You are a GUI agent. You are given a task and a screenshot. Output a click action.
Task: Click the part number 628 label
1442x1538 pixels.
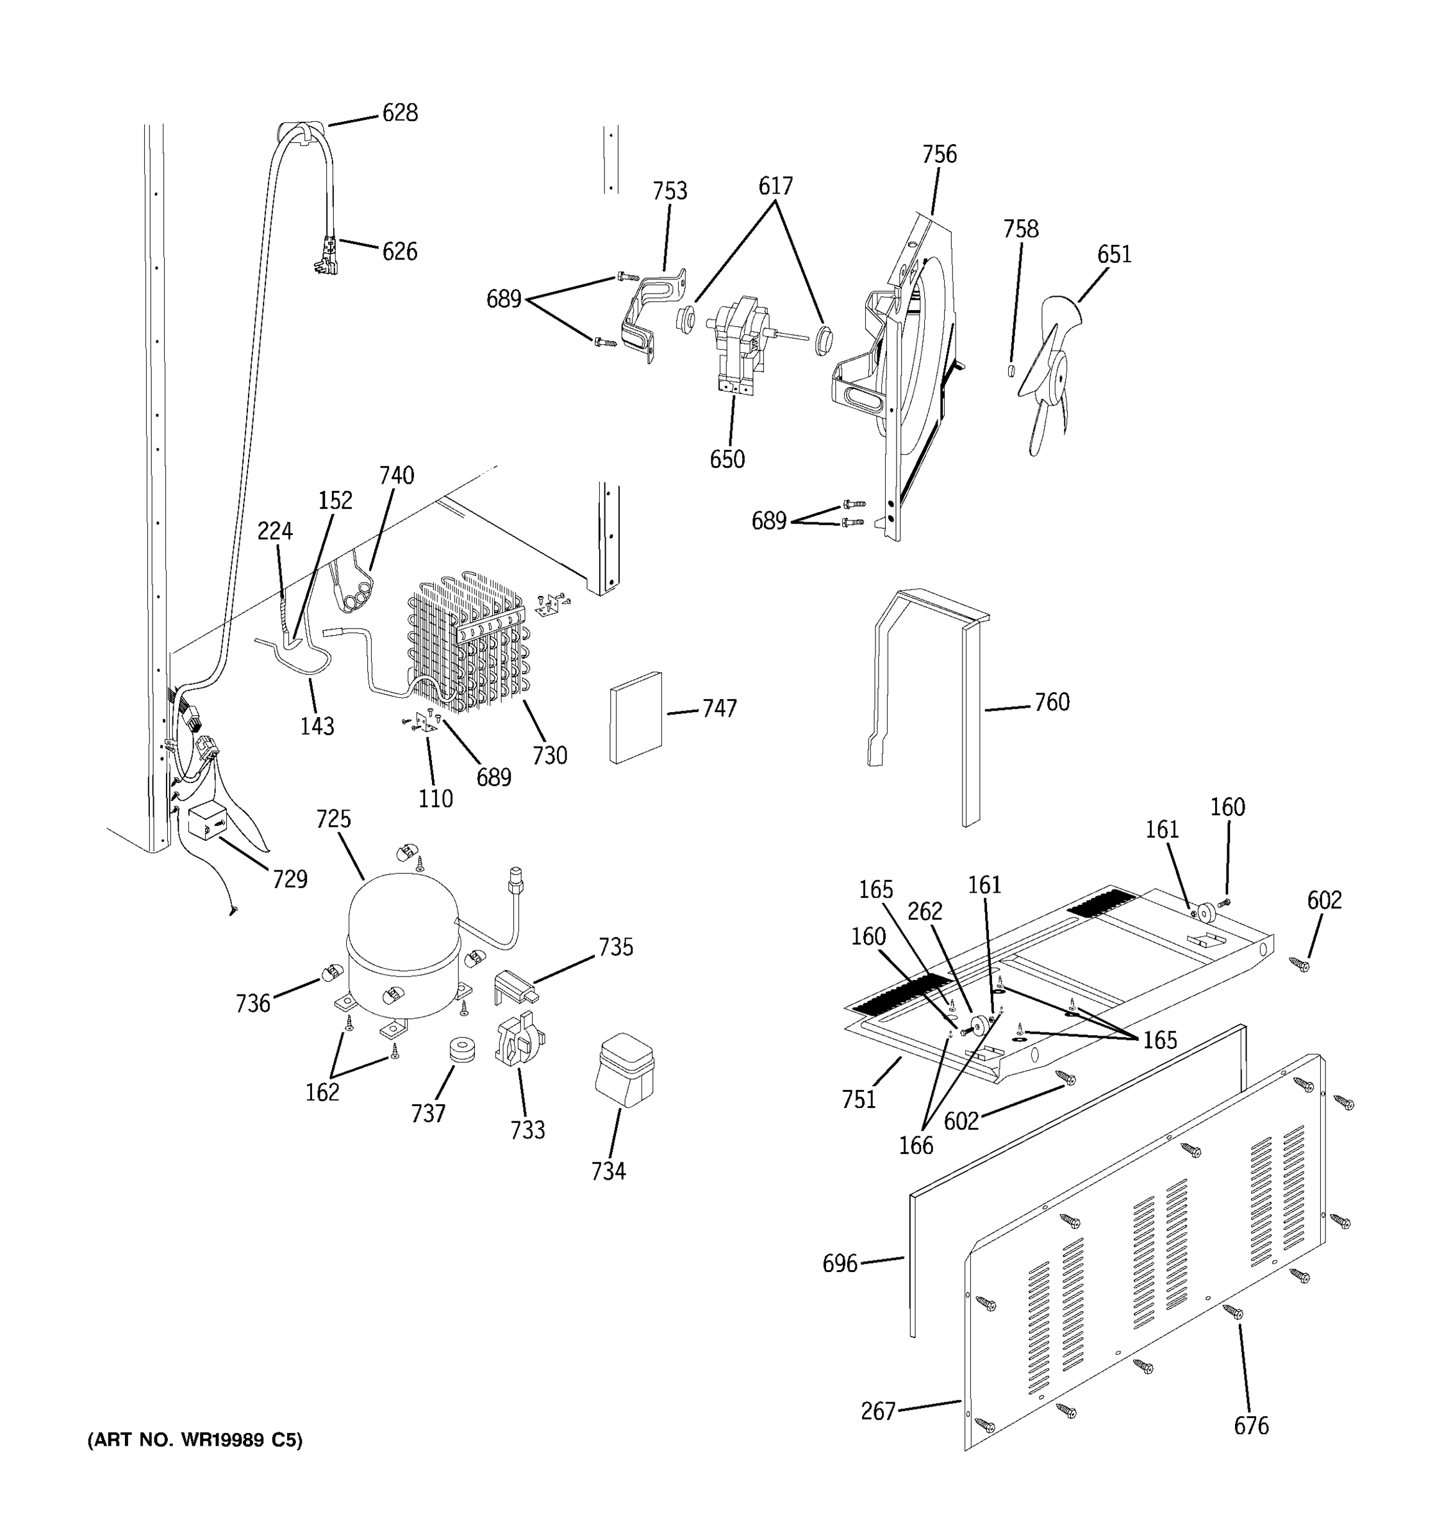pos(400,113)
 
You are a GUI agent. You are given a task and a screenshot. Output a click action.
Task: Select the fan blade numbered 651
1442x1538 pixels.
pos(1048,371)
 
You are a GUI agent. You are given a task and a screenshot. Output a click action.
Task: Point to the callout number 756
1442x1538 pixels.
pos(939,154)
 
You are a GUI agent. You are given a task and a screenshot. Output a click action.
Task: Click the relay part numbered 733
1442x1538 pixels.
pos(518,1041)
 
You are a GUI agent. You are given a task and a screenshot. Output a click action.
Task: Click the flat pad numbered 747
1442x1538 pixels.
pos(636,717)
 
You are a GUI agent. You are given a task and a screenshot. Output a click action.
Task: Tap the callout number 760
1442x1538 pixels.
pos(1052,702)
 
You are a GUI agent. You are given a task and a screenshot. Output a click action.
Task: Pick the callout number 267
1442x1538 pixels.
pos(878,1412)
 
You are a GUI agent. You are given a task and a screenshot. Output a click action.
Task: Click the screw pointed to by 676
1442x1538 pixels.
pos(1233,1311)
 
